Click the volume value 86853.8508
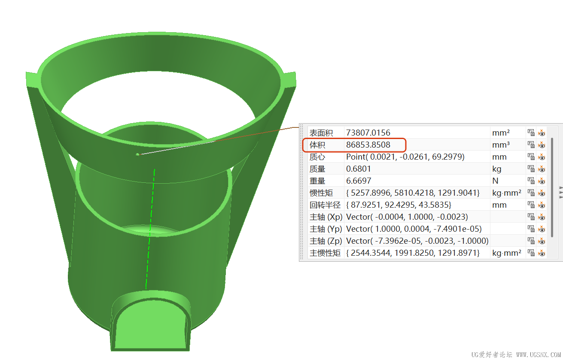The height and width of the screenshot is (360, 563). point(368,145)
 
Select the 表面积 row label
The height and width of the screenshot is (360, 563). point(321,133)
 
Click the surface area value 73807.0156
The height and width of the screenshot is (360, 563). point(368,133)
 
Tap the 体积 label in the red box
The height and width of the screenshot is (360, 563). point(317,145)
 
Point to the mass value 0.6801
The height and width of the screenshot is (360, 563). point(359,169)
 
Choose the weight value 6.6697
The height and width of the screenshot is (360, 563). point(359,181)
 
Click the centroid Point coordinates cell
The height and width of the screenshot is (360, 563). point(405,157)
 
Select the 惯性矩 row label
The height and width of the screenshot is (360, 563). point(321,193)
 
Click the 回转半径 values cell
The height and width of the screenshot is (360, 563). point(399,205)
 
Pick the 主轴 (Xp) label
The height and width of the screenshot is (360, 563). point(326,217)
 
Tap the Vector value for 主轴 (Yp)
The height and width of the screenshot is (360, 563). point(414,229)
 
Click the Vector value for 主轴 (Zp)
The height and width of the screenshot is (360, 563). point(417,241)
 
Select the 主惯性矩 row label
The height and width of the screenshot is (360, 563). point(325,253)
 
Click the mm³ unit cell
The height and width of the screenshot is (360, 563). point(501,145)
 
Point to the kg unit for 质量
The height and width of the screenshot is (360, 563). point(497,169)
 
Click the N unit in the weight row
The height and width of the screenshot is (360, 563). point(495,181)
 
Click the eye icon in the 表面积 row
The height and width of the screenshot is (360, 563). point(542,133)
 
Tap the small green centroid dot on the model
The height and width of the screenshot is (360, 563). point(137,154)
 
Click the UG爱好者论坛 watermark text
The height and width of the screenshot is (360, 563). point(491,354)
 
